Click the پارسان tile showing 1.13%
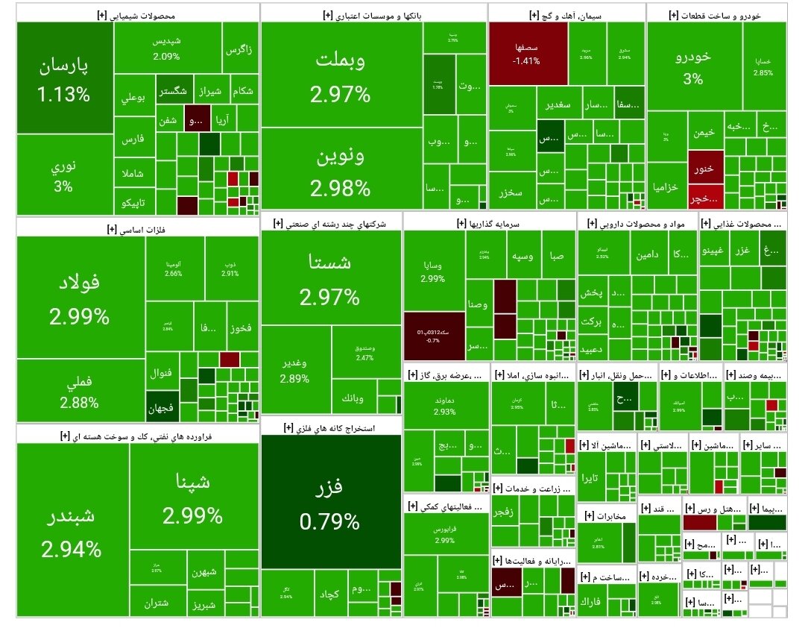(x=63, y=78)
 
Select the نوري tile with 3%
(x=63, y=175)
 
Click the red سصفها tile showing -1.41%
(x=525, y=54)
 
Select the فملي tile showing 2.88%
(x=80, y=392)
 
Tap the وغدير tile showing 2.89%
(x=295, y=370)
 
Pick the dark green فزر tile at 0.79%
(x=330, y=503)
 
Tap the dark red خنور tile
(x=705, y=168)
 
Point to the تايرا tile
(x=591, y=477)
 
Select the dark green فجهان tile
(x=162, y=407)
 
